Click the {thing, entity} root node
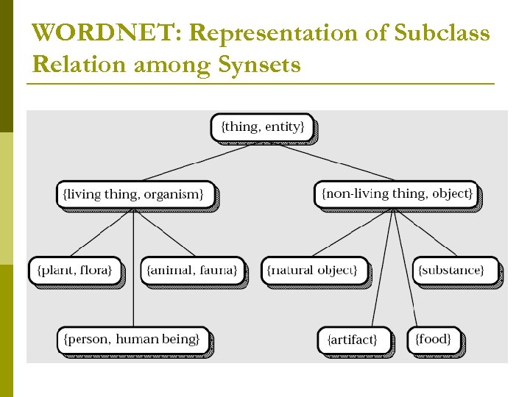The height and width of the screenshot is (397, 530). click(x=262, y=127)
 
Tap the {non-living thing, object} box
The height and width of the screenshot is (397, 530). click(x=396, y=195)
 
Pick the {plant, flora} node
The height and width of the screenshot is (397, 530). click(x=74, y=271)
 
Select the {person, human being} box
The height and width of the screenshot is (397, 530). click(x=132, y=340)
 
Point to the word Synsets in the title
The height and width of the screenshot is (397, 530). click(x=260, y=65)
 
